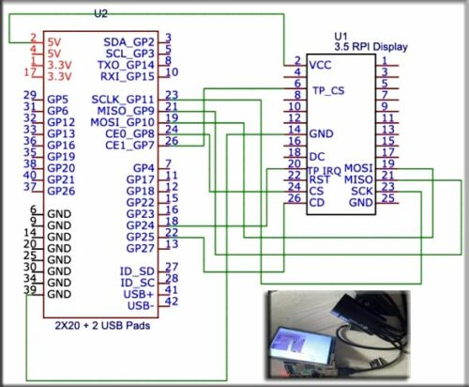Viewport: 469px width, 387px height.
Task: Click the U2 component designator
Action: click(x=101, y=14)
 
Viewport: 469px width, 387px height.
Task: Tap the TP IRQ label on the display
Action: click(x=325, y=167)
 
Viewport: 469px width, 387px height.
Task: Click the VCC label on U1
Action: click(x=320, y=65)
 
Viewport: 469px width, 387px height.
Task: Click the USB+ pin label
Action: click(x=139, y=294)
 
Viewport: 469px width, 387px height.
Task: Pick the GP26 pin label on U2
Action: click(x=61, y=191)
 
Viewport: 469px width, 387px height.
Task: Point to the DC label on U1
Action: click(x=316, y=156)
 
